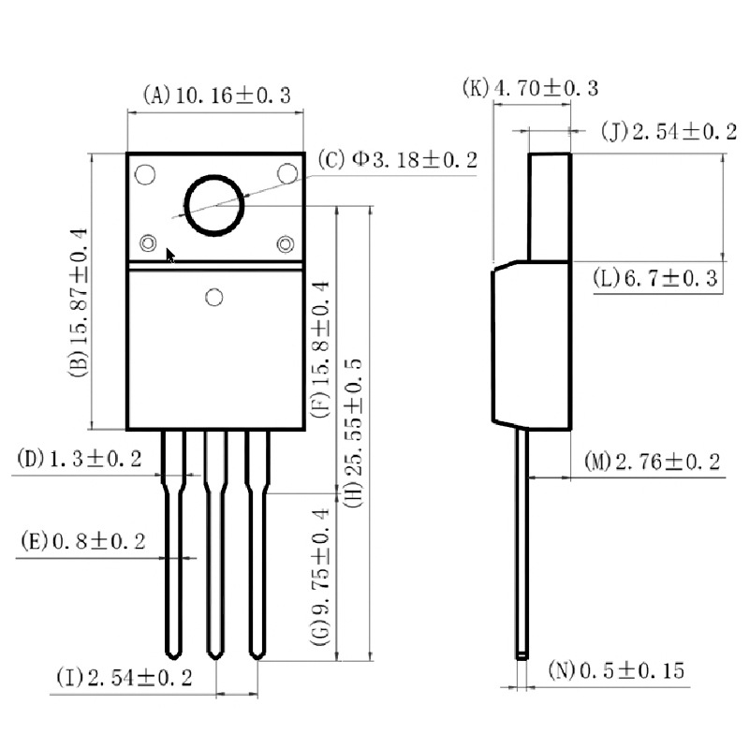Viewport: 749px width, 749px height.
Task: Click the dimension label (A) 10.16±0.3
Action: pos(217,95)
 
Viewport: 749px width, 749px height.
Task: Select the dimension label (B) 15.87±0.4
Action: pos(79,302)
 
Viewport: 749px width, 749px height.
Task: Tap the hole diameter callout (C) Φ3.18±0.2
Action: pos(397,159)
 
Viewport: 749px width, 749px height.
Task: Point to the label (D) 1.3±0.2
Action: pos(80,459)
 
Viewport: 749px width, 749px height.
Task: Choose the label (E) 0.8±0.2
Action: pos(83,541)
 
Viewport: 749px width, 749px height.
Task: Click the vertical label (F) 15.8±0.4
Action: pos(320,349)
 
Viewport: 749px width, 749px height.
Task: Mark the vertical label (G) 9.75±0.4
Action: pos(320,577)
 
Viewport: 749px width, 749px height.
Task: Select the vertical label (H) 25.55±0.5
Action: pos(354,433)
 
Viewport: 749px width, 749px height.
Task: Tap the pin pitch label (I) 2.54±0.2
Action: pos(125,677)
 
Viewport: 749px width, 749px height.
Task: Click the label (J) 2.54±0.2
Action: pos(668,131)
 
